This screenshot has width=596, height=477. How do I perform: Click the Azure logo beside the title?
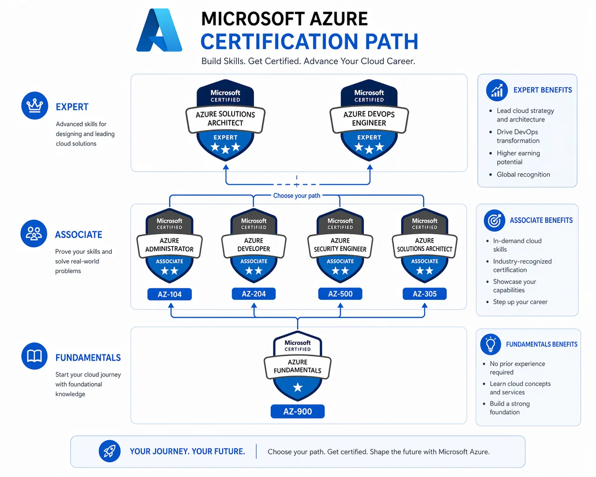tap(159, 31)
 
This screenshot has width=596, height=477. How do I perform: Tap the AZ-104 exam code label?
tap(169, 294)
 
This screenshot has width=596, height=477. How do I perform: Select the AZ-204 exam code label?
tap(254, 294)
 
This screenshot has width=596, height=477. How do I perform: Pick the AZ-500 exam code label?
tap(340, 294)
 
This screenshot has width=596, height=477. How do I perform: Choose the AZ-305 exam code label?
tap(424, 294)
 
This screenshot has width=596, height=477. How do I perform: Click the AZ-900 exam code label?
tap(298, 412)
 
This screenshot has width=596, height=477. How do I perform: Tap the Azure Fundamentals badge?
tap(298, 366)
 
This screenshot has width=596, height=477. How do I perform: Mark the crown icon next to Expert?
tap(34, 105)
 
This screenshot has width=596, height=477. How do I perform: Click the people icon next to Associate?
tap(34, 233)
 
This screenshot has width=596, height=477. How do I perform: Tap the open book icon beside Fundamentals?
tap(34, 356)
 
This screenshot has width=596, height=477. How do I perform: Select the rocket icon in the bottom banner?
tap(110, 451)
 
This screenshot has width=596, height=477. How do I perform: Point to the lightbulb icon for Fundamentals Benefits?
tap(491, 344)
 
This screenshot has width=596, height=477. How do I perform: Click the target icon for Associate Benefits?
tap(494, 220)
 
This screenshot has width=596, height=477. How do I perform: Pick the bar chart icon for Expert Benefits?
tap(497, 90)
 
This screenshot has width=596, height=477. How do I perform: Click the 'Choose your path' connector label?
tap(297, 196)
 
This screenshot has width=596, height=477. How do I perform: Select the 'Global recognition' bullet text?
tap(523, 174)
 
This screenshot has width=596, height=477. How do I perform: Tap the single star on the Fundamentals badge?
tap(298, 387)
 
